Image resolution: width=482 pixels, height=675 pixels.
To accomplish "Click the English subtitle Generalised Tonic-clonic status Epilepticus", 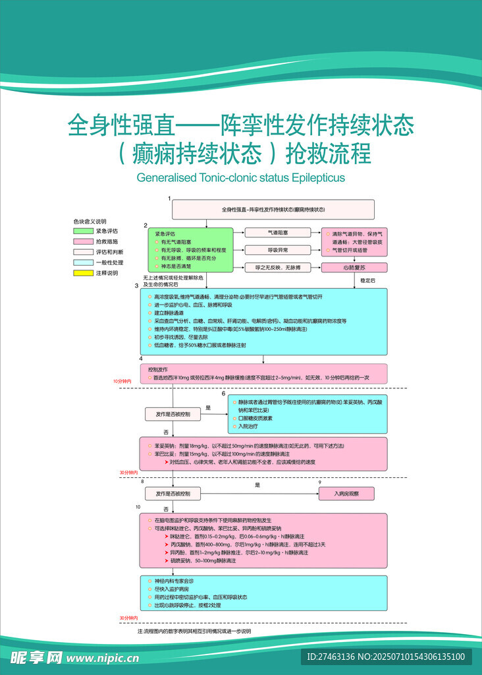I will tap(240, 178).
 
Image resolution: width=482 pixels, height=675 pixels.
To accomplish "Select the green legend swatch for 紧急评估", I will tap(83, 231).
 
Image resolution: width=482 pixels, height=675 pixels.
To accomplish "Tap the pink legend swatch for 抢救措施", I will tap(83, 241).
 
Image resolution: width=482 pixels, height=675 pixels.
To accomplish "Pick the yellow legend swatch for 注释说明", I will tap(83, 272).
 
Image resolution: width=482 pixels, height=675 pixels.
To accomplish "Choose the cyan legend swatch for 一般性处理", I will tap(83, 262).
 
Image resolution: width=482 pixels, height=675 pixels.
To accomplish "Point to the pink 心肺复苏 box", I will tap(354, 268).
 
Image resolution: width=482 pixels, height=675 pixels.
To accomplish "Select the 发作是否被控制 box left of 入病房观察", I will tap(173, 494).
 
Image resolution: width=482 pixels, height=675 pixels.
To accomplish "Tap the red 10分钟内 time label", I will tap(122, 381).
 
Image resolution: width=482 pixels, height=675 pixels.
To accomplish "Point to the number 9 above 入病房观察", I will tap(320, 483).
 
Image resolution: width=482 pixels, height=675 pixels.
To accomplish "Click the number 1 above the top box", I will tap(169, 198).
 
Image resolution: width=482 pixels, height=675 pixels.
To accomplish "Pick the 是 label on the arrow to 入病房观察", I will tap(257, 485).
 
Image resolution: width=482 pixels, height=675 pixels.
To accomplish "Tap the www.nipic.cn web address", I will tap(104, 658).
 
